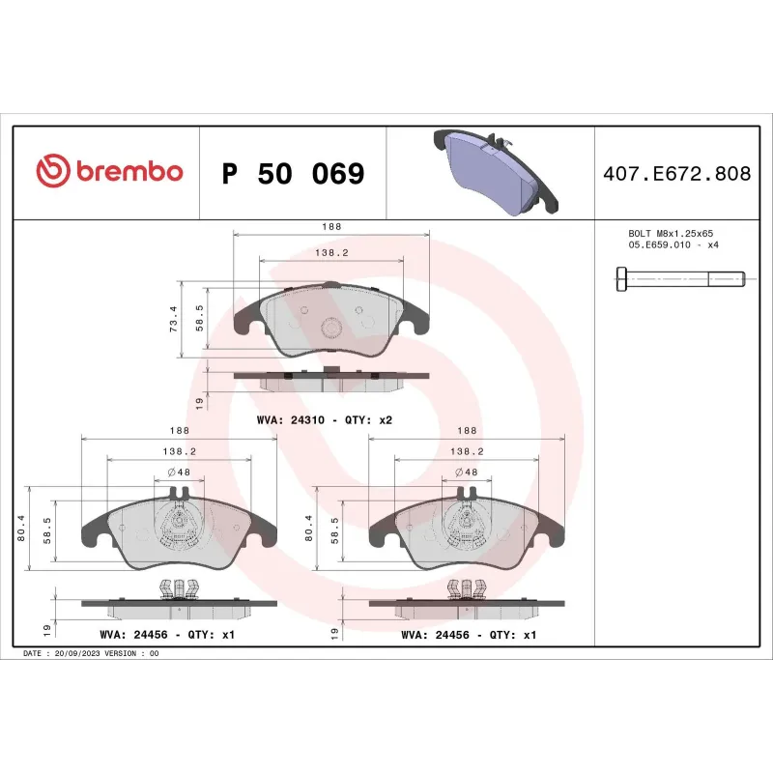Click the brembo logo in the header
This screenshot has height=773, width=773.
[108, 172]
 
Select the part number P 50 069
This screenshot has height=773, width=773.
[293, 174]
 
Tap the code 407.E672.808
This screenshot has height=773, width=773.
[675, 174]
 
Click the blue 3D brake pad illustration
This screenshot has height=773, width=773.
[493, 172]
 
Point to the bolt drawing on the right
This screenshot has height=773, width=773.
[679, 279]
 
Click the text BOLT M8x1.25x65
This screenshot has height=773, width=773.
[671, 234]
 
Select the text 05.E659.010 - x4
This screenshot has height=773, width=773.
[673, 245]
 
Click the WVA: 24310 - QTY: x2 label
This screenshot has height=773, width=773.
[324, 420]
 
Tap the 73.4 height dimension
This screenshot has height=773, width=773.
[174, 320]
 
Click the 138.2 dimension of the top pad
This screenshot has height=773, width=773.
[331, 252]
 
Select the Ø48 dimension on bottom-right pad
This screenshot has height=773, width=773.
[467, 472]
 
